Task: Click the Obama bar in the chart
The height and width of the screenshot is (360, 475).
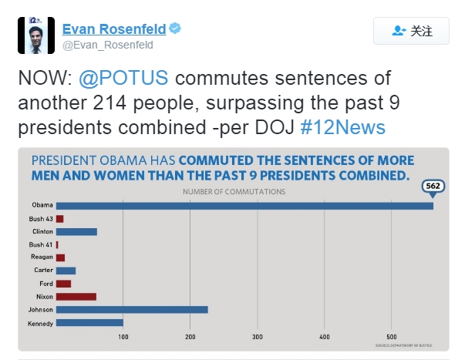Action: coord(244,205)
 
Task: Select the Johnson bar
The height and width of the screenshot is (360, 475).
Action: coord(132,310)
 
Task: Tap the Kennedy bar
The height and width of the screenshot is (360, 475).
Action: coord(89,323)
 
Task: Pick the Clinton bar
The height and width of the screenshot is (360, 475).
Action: coord(76,231)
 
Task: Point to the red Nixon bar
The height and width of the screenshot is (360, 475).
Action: coord(76,297)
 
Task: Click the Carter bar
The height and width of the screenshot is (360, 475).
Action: coord(66,271)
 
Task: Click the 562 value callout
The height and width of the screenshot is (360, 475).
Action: coord(433,187)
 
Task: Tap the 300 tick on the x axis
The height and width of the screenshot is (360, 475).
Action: coord(258,337)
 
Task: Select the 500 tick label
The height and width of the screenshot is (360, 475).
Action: coord(392,337)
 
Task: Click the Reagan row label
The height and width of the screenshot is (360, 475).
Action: coord(42,257)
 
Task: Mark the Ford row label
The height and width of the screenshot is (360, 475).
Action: coord(45,284)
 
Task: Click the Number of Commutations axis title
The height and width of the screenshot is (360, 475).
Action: coord(233,190)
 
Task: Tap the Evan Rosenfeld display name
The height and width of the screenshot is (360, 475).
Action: coord(113,29)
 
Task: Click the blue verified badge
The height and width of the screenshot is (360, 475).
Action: coord(176,29)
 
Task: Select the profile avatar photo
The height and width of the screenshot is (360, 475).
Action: coord(35,35)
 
